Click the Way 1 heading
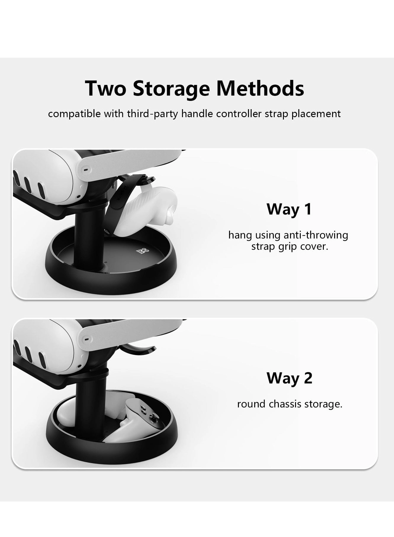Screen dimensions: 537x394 pos(289,209)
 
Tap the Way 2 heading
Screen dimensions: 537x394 pos(289,378)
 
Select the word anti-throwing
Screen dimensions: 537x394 pos(316,235)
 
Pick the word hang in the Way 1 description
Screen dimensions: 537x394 pos(240,235)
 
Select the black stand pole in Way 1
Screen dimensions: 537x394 pos(89,237)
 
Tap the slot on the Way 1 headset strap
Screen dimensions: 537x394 pos(86,170)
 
